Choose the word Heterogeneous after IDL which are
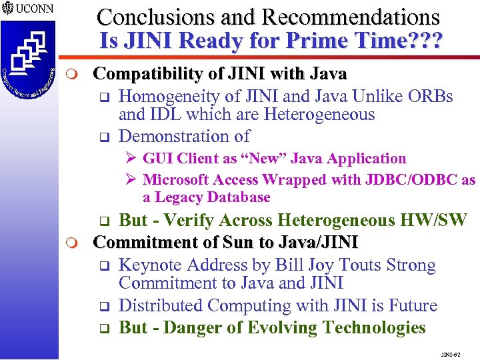click(x=319, y=115)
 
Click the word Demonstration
click(x=174, y=136)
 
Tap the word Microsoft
click(x=177, y=180)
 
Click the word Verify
click(x=190, y=221)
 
